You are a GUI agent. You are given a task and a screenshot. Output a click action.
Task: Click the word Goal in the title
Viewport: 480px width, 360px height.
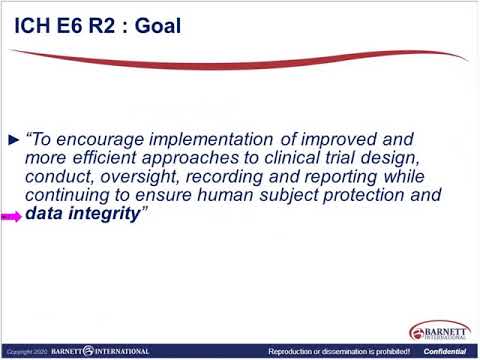click(x=155, y=25)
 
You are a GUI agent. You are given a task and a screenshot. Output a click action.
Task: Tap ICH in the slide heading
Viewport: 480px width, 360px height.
click(x=33, y=25)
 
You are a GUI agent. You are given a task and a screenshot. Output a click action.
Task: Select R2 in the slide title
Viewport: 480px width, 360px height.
click(x=100, y=25)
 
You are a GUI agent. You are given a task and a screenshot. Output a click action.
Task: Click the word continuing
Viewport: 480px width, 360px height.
click(x=68, y=196)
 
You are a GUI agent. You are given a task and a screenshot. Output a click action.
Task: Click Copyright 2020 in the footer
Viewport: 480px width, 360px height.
click(x=25, y=352)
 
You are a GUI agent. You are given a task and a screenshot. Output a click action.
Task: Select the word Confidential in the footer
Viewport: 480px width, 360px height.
click(x=445, y=352)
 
